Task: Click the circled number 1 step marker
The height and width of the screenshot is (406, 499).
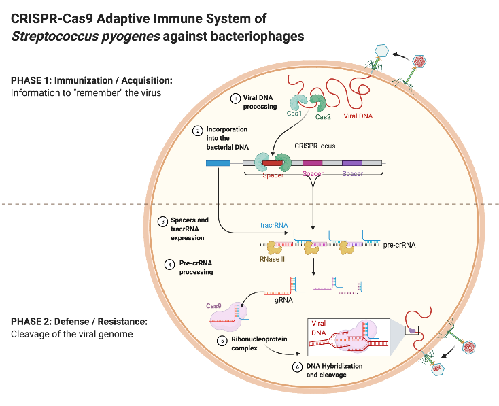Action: point(235,98)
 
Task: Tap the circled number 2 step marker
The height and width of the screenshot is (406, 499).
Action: point(197,130)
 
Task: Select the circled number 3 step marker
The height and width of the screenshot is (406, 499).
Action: point(162,222)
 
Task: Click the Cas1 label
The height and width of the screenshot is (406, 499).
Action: point(294,113)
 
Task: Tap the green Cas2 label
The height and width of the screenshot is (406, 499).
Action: point(324,117)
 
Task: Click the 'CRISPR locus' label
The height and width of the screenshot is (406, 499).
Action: point(315,146)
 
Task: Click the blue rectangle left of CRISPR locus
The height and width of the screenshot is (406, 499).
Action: point(218,163)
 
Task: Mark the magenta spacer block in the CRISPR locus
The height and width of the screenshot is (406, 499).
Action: point(312,163)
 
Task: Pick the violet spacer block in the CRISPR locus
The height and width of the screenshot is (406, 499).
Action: point(351,163)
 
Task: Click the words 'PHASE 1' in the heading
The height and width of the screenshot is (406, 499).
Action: point(31,80)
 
